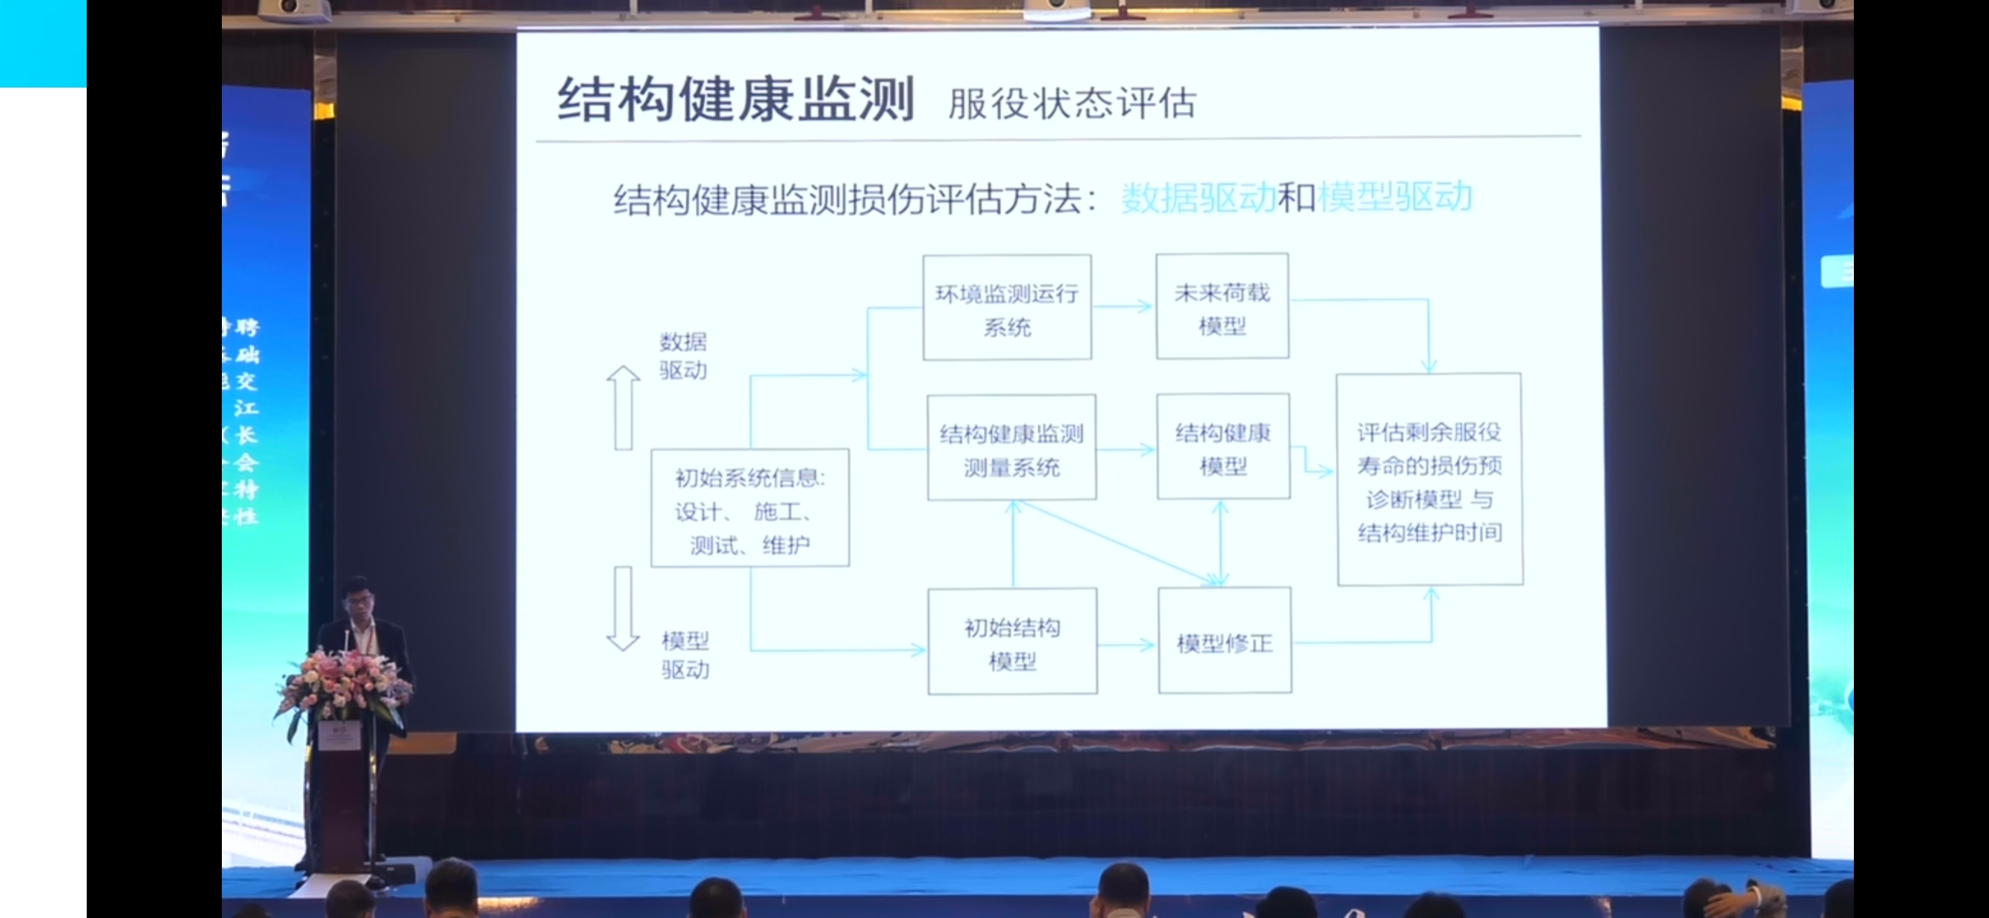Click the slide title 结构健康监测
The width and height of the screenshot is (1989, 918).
(735, 100)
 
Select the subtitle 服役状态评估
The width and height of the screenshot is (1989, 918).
(1072, 104)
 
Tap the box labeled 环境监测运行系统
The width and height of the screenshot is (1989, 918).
(1007, 308)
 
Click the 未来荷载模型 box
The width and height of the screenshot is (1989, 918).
(1222, 307)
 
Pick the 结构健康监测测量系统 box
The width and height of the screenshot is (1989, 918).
(1011, 448)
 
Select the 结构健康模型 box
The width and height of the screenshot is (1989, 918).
(1223, 447)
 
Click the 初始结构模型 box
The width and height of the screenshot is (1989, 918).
(1012, 642)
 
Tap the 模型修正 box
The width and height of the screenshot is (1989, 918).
(1225, 642)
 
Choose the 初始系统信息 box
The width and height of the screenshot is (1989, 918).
(750, 508)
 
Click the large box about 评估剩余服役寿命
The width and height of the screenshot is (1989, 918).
(1430, 480)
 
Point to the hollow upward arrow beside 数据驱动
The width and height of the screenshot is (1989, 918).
(623, 407)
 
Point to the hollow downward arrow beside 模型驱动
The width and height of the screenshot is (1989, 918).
(623, 609)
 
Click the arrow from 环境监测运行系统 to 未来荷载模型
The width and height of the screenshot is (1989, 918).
(1124, 306)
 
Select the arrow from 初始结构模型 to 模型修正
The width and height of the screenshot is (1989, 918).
(1127, 645)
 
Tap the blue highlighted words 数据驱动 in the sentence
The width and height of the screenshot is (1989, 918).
(1198, 199)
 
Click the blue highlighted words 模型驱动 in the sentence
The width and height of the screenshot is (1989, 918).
(1395, 197)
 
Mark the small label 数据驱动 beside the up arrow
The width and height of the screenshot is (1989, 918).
(683, 356)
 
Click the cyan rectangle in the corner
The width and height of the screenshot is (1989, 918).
(42, 42)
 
